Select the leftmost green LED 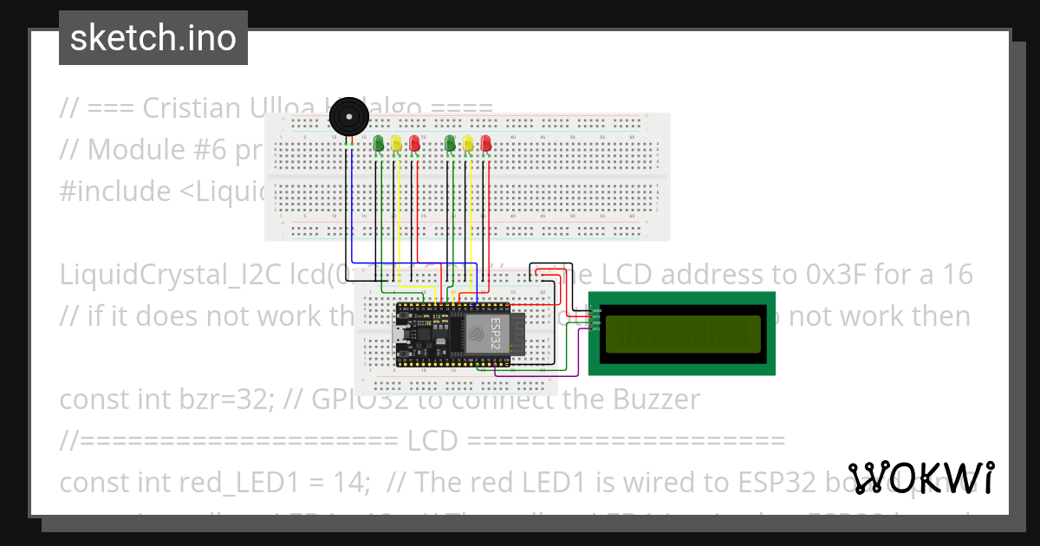pos(378,143)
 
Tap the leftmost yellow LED pos(396,143)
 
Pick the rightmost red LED pos(486,143)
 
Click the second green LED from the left pos(450,143)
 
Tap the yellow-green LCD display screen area pos(683,334)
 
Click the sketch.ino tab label pos(153,38)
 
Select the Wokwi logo pos(920,478)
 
